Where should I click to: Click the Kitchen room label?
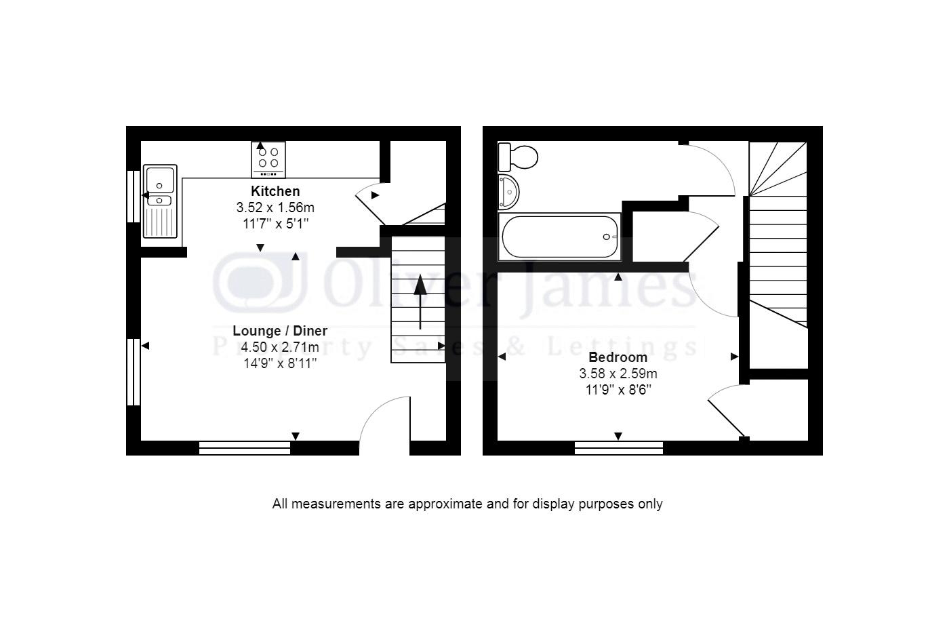275,191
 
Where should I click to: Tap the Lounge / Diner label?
280,331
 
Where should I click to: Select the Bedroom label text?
618,357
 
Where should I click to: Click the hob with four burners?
268,159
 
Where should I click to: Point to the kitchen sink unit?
160,201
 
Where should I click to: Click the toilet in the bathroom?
517,157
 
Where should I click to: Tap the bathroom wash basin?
508,192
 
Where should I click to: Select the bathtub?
559,237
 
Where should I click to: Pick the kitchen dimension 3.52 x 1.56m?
275,207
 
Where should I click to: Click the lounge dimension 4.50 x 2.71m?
280,347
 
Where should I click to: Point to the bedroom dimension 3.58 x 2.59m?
618,374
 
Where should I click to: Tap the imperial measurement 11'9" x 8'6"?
618,390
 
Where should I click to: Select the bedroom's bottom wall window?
618,447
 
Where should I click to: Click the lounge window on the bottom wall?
245,447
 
